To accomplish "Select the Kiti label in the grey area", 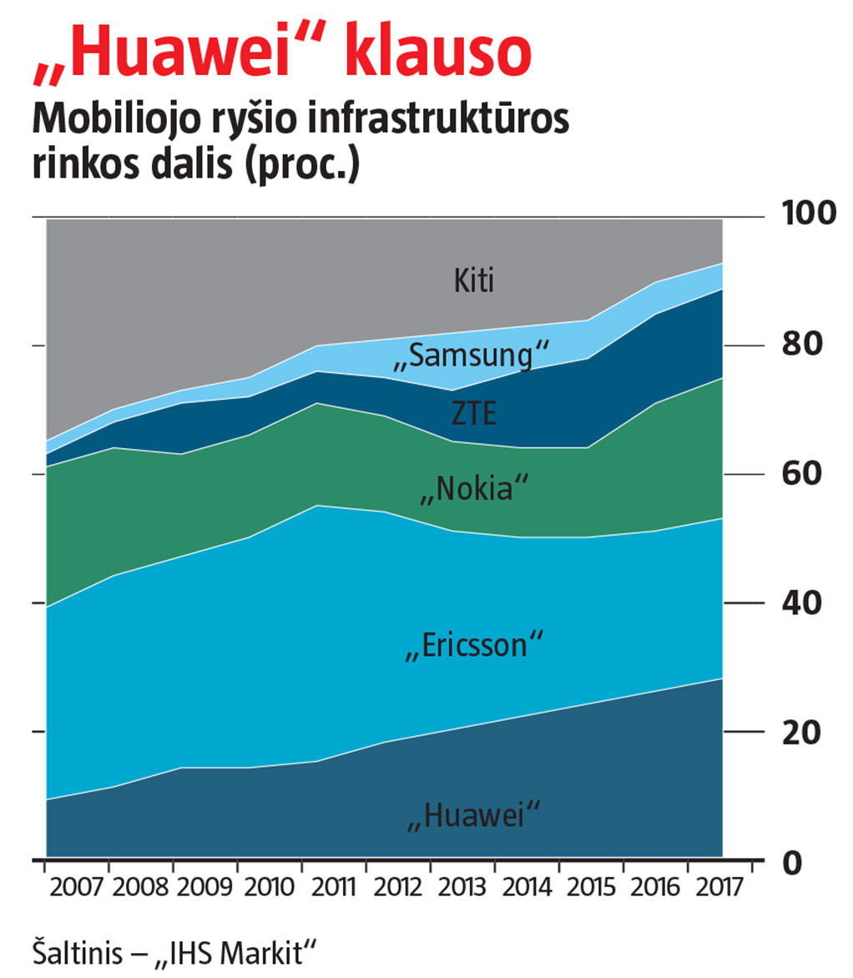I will pyautogui.click(x=474, y=281).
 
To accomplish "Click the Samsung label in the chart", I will pyautogui.click(x=471, y=356).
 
